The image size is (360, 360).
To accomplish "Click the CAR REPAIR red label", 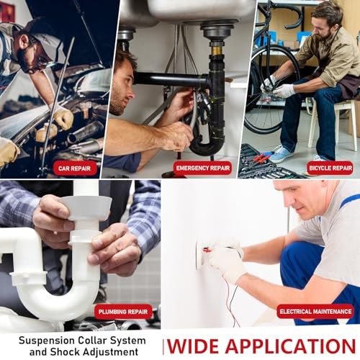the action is (75, 168).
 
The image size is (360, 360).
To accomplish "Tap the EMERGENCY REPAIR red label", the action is (203, 168).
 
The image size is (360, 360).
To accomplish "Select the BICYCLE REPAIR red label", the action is (330, 168).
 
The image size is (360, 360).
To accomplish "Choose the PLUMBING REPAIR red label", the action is (123, 312).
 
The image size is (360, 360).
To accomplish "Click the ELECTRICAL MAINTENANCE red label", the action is (315, 311).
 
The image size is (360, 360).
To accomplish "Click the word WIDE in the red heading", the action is (194, 346).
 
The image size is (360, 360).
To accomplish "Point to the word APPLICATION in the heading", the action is (290, 346).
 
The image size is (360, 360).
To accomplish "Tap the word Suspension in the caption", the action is (47, 341).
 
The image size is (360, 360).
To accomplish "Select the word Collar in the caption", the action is (92, 341).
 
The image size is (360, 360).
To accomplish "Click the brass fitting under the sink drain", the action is (217, 50).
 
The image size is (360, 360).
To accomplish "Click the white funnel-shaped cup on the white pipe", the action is (86, 207).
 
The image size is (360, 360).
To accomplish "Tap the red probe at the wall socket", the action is (207, 251).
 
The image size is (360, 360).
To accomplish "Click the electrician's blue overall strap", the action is (350, 200).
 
